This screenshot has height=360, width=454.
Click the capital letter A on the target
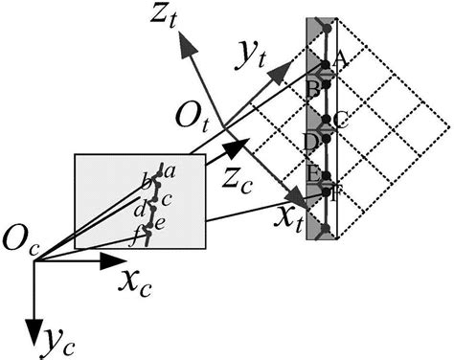click(338, 57)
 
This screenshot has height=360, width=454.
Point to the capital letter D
click(310, 141)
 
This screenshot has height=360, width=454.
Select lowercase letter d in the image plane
click(141, 209)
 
